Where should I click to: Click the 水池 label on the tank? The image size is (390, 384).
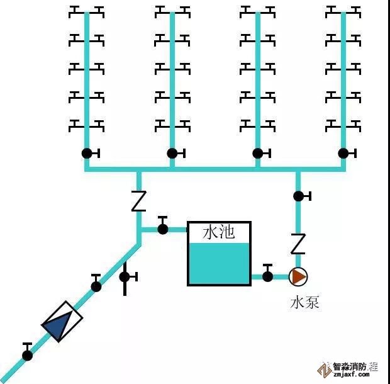(218, 232)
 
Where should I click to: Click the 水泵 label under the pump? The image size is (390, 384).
(304, 303)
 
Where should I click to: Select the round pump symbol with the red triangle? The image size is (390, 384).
(298, 276)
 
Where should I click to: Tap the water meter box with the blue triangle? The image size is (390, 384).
(62, 322)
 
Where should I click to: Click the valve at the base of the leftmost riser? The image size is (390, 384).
(87, 153)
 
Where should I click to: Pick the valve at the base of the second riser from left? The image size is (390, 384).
(172, 153)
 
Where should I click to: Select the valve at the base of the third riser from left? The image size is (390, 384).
(258, 153)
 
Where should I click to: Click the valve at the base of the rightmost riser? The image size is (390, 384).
(343, 153)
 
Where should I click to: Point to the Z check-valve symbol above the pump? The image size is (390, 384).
(298, 243)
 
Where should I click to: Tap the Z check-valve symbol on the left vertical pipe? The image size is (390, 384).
(138, 201)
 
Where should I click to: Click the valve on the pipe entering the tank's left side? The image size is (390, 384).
(163, 229)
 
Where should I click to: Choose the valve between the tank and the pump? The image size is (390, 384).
(268, 276)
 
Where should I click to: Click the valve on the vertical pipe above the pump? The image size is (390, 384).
(299, 196)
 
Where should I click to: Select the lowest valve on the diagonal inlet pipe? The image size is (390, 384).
(28, 355)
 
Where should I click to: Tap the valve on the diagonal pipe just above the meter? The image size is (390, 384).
(96, 286)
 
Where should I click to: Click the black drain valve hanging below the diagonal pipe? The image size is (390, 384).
(125, 276)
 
